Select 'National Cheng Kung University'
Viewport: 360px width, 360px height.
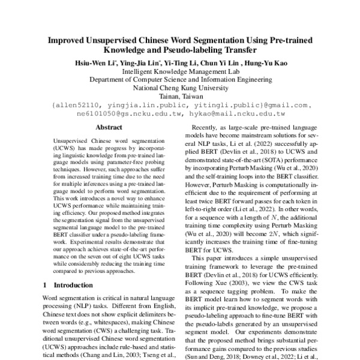coord(180,86)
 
